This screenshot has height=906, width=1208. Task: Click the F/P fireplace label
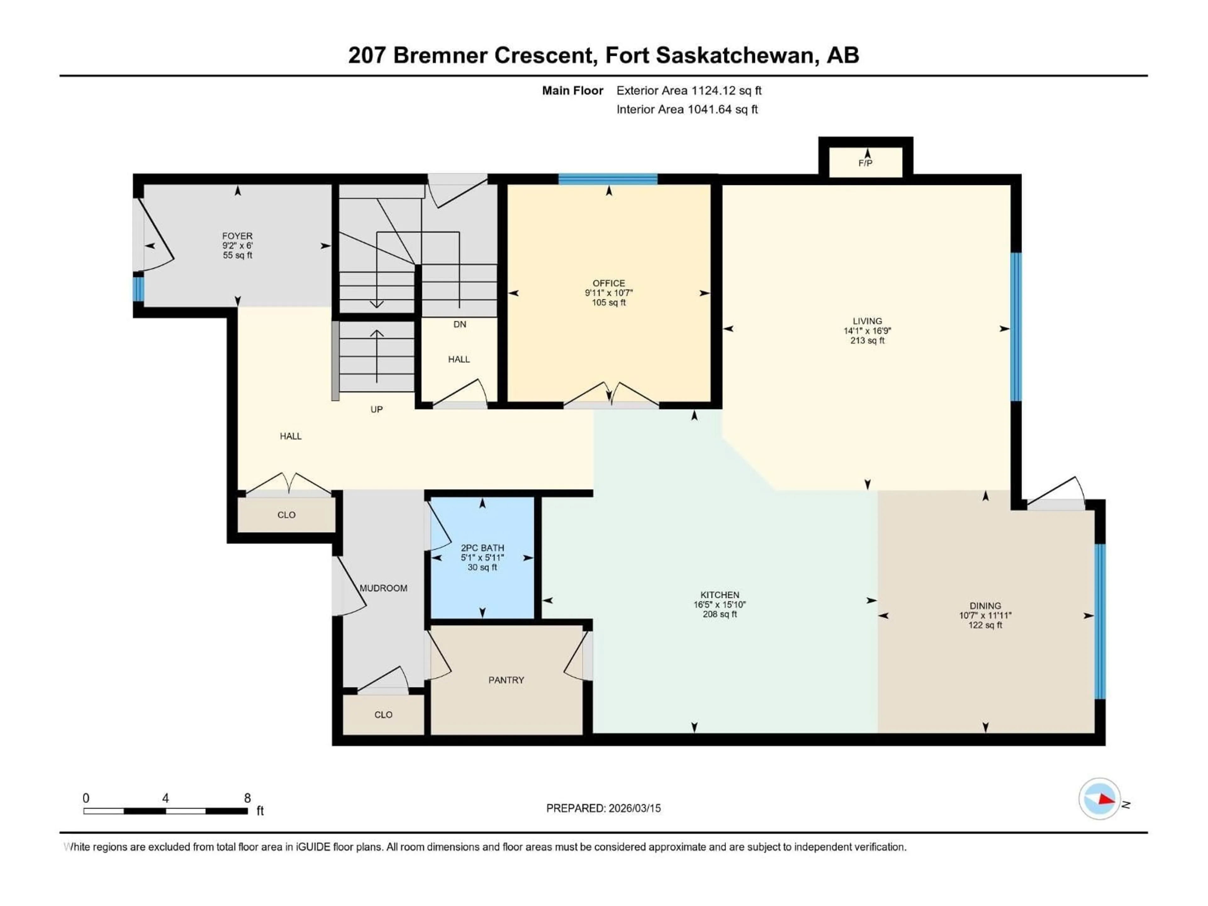click(865, 163)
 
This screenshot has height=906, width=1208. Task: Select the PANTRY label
click(506, 680)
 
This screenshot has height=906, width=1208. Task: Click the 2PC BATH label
click(482, 548)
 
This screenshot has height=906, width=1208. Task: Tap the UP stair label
click(376, 410)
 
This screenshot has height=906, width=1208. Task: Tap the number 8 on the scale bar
click(247, 798)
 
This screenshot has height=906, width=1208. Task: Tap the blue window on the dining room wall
click(1100, 621)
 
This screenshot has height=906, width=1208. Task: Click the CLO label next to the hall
click(286, 515)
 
